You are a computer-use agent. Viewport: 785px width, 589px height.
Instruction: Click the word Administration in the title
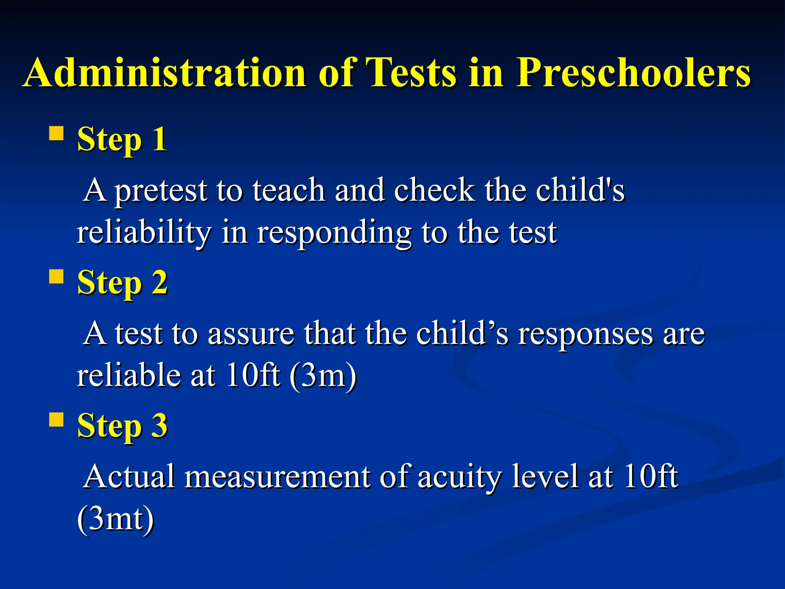point(165,73)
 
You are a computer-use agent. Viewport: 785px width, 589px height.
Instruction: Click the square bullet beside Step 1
point(56,134)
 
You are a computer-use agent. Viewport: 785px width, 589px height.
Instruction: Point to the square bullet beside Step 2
point(56,276)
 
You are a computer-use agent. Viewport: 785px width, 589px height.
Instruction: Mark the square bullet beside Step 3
point(56,420)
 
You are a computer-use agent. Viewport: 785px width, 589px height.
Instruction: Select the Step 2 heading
point(122,283)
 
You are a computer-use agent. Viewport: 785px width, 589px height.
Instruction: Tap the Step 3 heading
point(122,426)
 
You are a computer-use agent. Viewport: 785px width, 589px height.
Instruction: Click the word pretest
point(161,191)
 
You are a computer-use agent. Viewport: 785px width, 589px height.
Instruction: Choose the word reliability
point(144,233)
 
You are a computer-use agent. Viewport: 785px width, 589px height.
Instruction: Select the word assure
point(251,334)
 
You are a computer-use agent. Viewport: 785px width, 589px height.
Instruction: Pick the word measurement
point(278,477)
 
